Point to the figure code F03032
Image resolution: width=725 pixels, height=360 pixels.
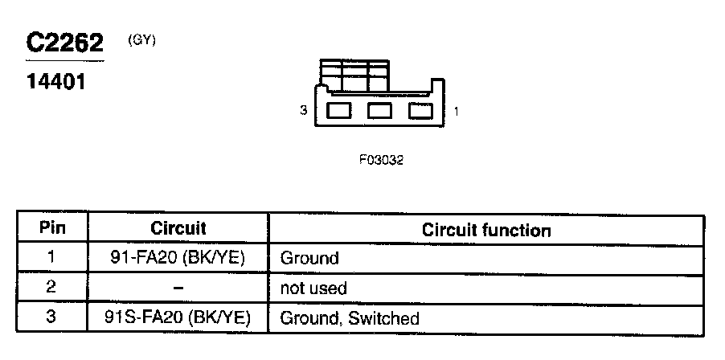point(381,160)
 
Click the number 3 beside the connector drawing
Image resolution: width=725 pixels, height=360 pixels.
point(303,112)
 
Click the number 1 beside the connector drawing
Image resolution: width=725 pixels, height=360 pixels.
point(457,112)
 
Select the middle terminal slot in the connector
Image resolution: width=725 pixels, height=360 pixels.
point(379,111)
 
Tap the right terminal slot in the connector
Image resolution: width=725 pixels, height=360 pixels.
point(420,111)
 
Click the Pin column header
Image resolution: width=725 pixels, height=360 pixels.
point(52,228)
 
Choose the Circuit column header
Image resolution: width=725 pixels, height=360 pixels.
point(178,229)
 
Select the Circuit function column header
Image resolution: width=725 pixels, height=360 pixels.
point(486,231)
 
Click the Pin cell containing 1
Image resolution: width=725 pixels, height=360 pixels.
point(52,258)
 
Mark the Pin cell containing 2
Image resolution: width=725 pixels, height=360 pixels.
point(52,288)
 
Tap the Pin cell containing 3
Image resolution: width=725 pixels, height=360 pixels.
point(52,317)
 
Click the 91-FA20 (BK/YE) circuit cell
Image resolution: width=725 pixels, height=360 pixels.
point(178,259)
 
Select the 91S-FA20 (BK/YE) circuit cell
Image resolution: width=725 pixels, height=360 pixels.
point(178,318)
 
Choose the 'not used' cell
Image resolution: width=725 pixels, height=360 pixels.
point(313,288)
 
